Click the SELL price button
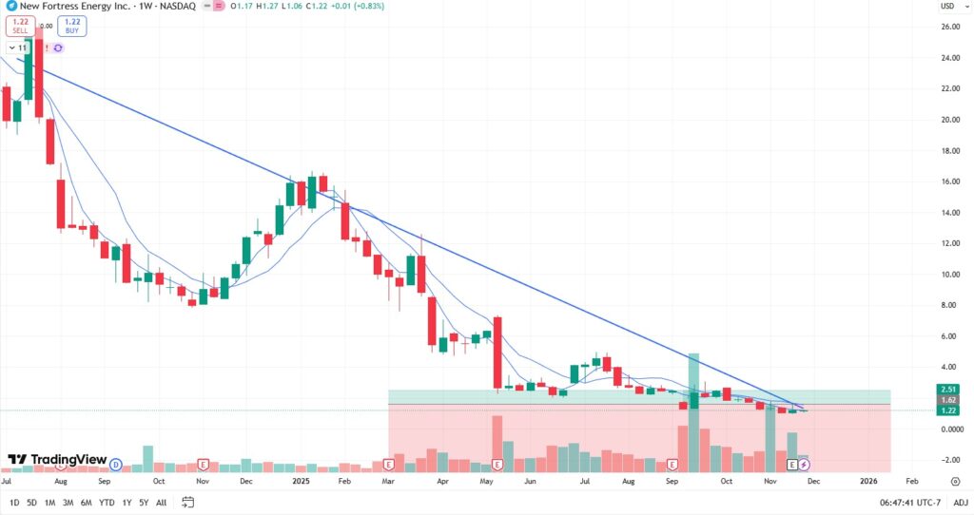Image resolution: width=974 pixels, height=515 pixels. [x=21, y=26]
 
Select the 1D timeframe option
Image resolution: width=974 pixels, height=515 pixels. [x=13, y=502]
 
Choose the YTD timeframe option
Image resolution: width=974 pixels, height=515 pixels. [x=106, y=502]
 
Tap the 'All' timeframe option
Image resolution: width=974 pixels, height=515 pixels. [x=161, y=502]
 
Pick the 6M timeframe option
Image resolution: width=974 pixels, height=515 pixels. [x=86, y=502]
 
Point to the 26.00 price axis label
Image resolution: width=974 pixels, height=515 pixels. [x=949, y=27]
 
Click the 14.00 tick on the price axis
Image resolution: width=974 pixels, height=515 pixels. [x=949, y=213]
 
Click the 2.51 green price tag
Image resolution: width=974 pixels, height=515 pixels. [x=948, y=389]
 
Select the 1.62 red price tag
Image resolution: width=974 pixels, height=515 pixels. [x=948, y=400]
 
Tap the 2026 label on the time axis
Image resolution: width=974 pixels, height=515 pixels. [x=868, y=481]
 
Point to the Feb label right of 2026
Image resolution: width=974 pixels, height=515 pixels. [x=911, y=481]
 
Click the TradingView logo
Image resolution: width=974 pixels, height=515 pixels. [x=57, y=460]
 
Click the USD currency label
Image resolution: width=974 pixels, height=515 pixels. [x=947, y=7]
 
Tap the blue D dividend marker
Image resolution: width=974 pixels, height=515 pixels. [x=115, y=464]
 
